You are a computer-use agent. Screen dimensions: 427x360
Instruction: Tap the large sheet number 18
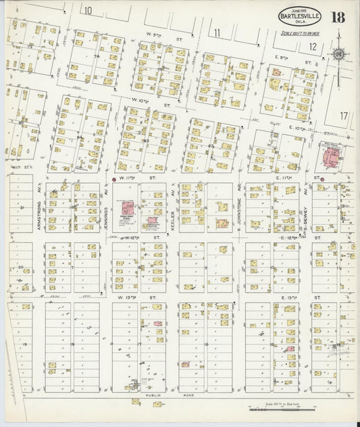click(x=338, y=17)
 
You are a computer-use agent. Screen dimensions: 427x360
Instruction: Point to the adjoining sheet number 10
click(x=88, y=9)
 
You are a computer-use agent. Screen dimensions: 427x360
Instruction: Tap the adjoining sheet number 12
click(x=312, y=46)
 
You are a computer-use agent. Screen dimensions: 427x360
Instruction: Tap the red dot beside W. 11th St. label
click(x=113, y=179)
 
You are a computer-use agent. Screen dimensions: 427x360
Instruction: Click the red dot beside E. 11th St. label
click(x=323, y=179)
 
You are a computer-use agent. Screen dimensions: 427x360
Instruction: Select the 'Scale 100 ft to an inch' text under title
click(x=301, y=32)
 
